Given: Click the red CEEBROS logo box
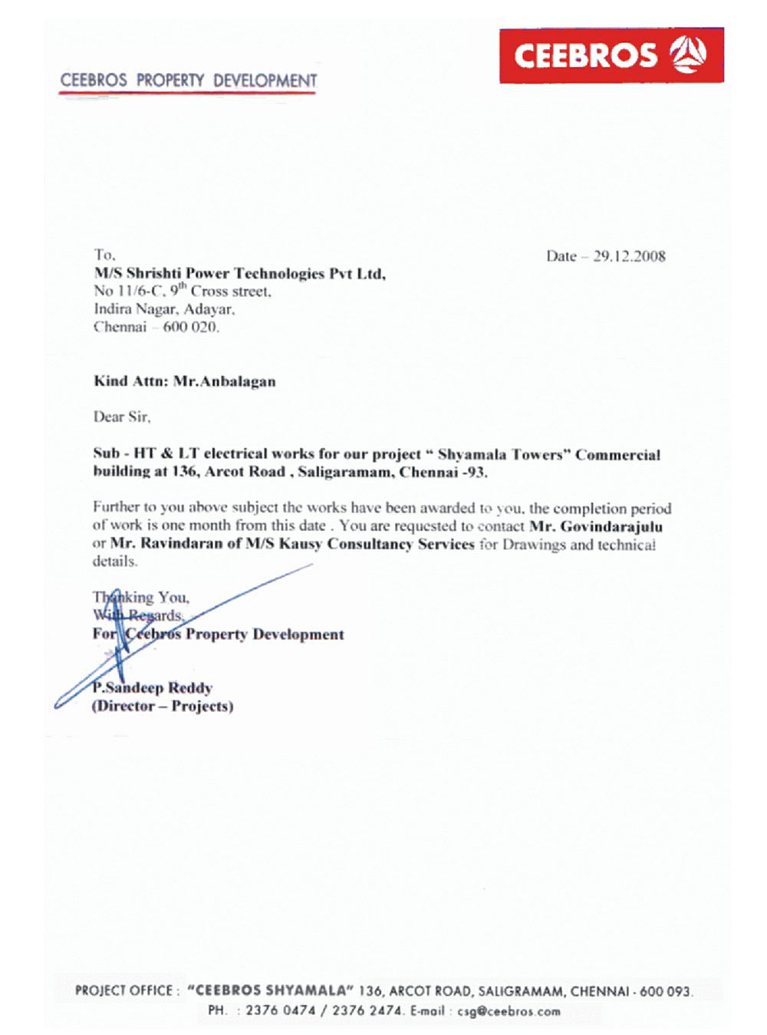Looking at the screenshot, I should [x=611, y=55].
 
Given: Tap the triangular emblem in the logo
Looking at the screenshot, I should [x=688, y=54].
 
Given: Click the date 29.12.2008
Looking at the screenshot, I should [x=629, y=256].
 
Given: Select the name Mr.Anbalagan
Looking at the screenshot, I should [x=224, y=381].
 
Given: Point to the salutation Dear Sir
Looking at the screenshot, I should [x=122, y=417].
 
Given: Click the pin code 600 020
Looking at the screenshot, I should [x=190, y=327].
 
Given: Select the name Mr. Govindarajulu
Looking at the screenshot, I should [x=596, y=526].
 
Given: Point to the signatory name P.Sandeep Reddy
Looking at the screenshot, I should [x=153, y=687].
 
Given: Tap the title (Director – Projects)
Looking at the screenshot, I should [x=163, y=706].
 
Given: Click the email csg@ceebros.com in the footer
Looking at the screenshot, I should [x=509, y=1011].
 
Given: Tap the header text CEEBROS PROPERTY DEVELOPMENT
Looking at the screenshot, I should [x=188, y=81].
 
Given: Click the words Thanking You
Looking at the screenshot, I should [x=141, y=597].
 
